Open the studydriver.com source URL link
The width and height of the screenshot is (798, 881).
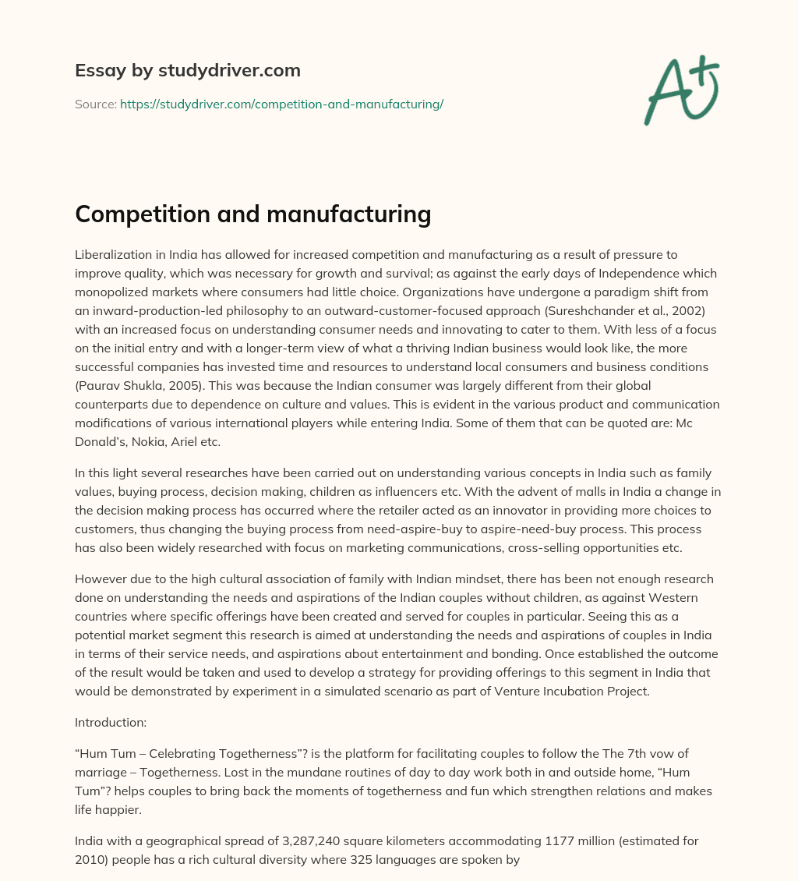(x=281, y=104)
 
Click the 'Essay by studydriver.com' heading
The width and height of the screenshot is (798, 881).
(x=187, y=71)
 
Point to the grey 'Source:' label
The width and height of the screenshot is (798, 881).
(x=95, y=104)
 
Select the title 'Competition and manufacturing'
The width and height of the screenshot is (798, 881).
(x=252, y=214)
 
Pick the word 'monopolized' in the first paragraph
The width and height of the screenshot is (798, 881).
(x=111, y=292)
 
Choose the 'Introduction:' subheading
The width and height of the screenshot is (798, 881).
(x=111, y=722)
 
